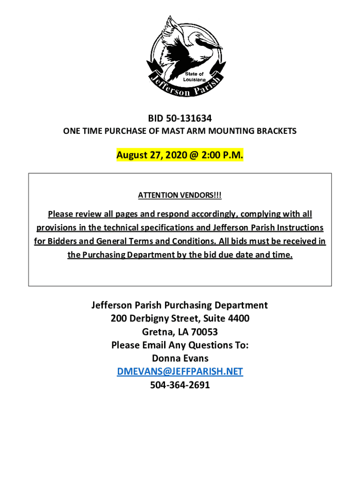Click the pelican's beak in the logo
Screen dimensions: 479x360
213,45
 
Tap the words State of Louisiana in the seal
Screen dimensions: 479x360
194,77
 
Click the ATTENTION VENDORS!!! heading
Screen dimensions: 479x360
180,195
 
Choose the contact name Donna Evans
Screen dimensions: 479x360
180,358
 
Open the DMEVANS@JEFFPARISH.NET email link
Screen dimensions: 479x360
180,371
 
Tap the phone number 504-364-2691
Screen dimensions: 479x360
180,385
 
